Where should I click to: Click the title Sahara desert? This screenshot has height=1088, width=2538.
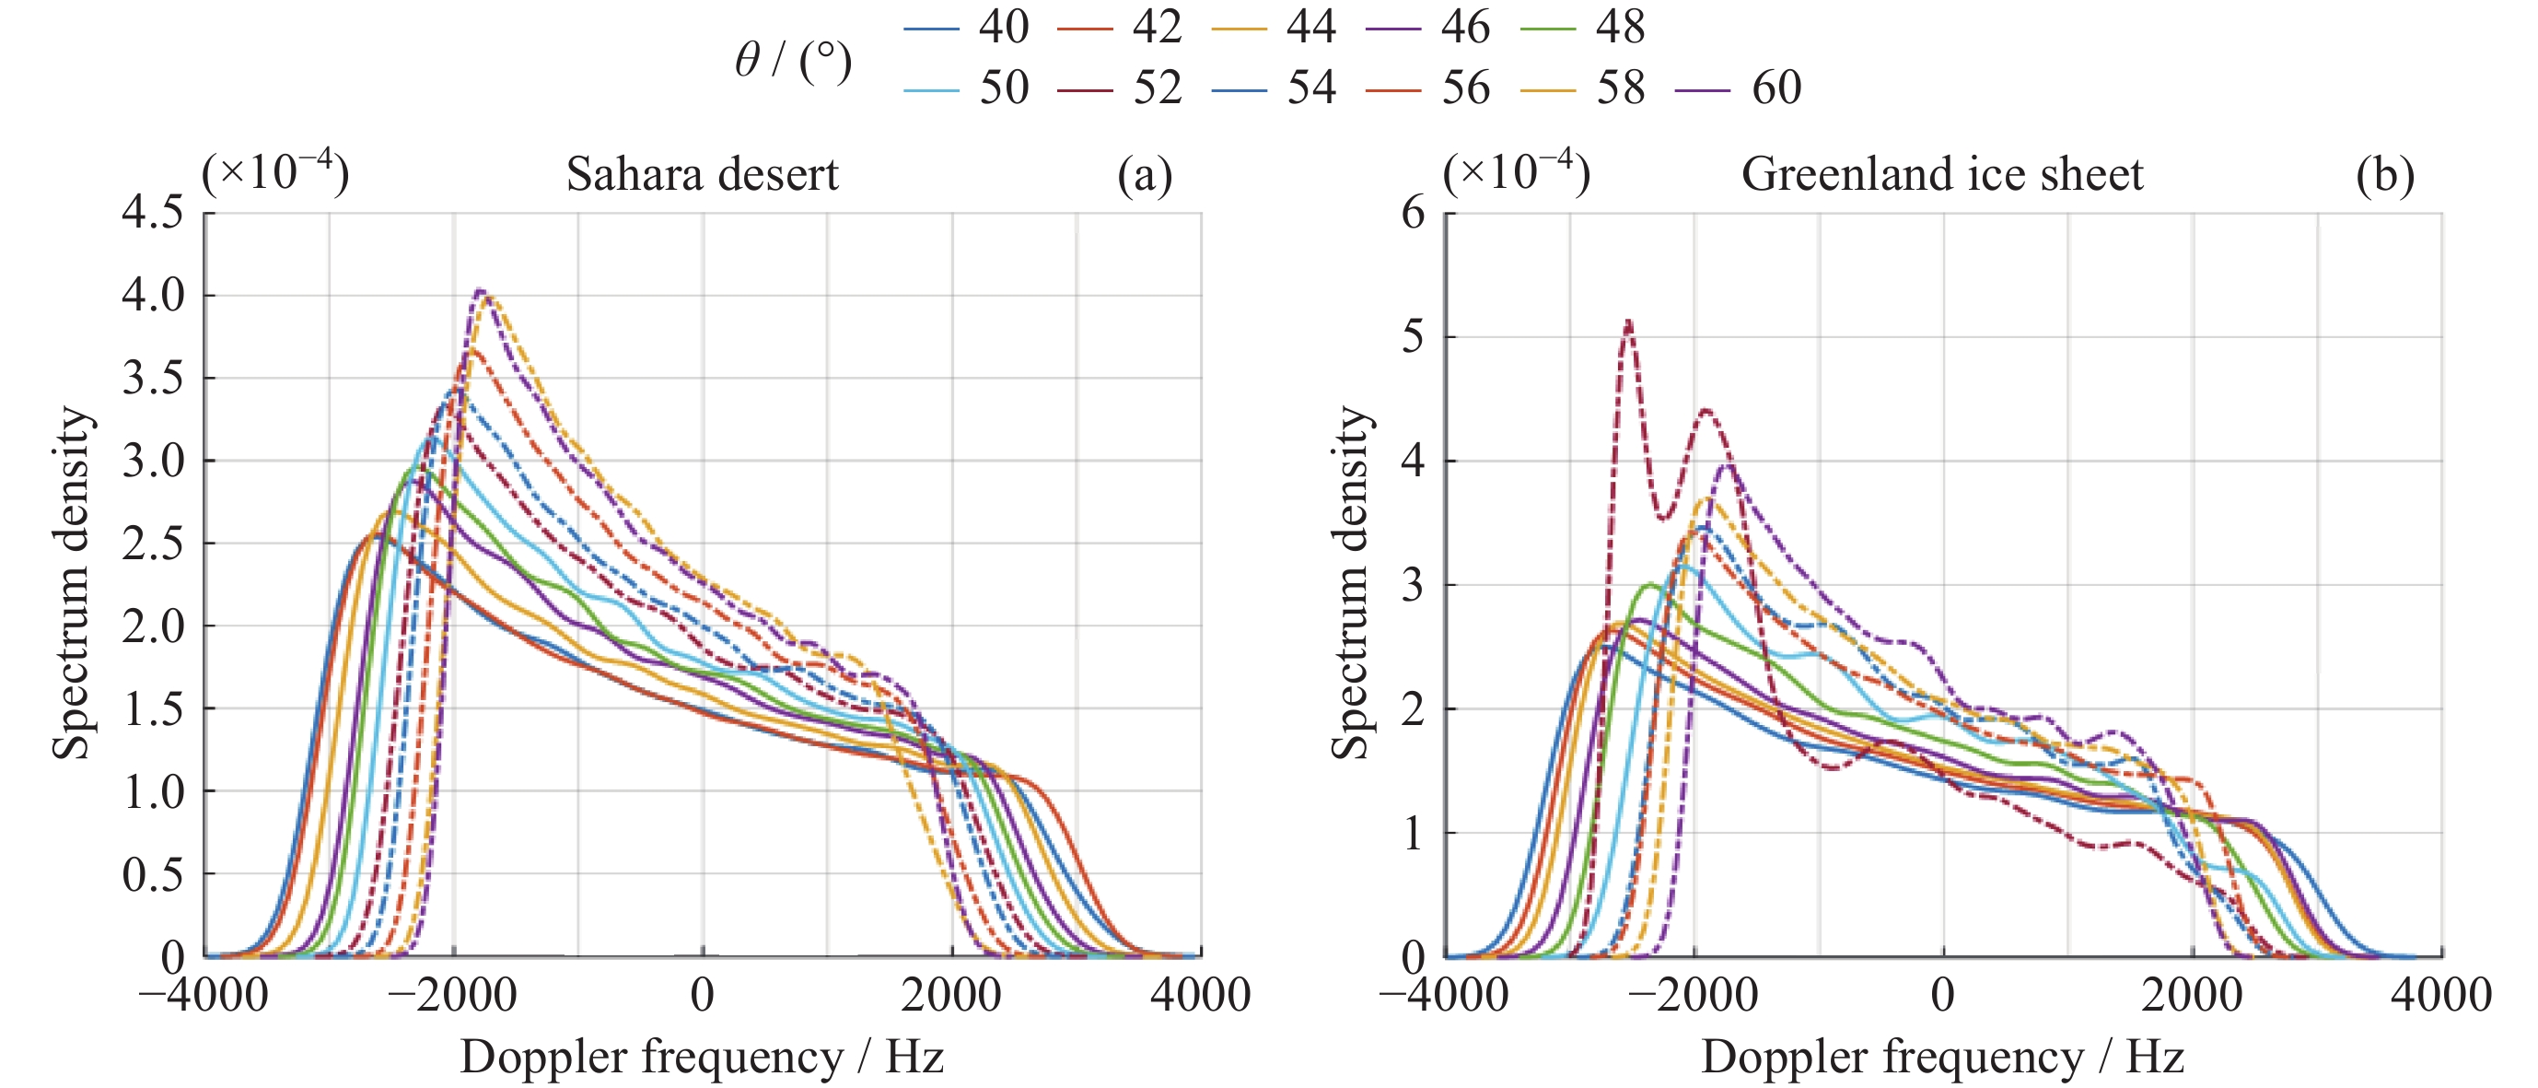tap(702, 174)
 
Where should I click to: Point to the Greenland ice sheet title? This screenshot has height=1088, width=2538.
tap(1941, 174)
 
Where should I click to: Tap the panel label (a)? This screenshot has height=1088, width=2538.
tap(1144, 174)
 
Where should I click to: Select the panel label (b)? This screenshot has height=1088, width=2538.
tap(2384, 174)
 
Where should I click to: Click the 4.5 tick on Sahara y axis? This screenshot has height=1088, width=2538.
tap(152, 212)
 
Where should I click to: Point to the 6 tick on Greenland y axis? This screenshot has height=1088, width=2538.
tap(1413, 212)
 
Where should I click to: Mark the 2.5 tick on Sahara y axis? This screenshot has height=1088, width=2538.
tap(152, 543)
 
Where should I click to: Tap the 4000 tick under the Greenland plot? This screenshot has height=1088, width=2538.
tap(2440, 994)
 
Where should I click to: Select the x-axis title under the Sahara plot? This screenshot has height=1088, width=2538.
tap(702, 1058)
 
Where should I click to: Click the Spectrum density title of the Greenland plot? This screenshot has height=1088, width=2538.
tap(1350, 583)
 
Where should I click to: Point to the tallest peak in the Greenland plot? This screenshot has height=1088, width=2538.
tap(1627, 322)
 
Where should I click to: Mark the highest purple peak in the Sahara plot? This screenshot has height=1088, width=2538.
tap(480, 291)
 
